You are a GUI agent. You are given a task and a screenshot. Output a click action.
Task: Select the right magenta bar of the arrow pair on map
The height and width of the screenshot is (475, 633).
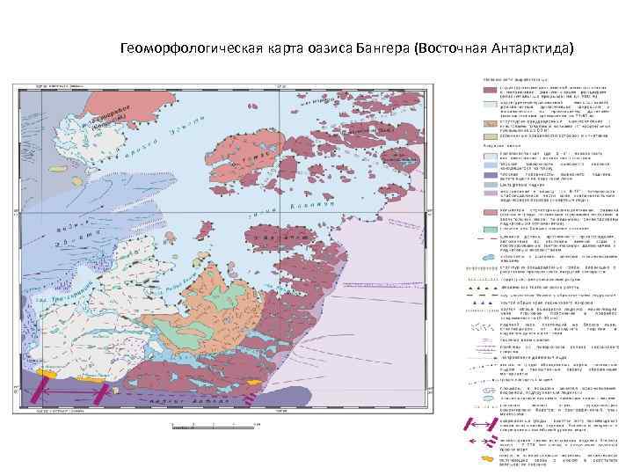click(108, 390)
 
